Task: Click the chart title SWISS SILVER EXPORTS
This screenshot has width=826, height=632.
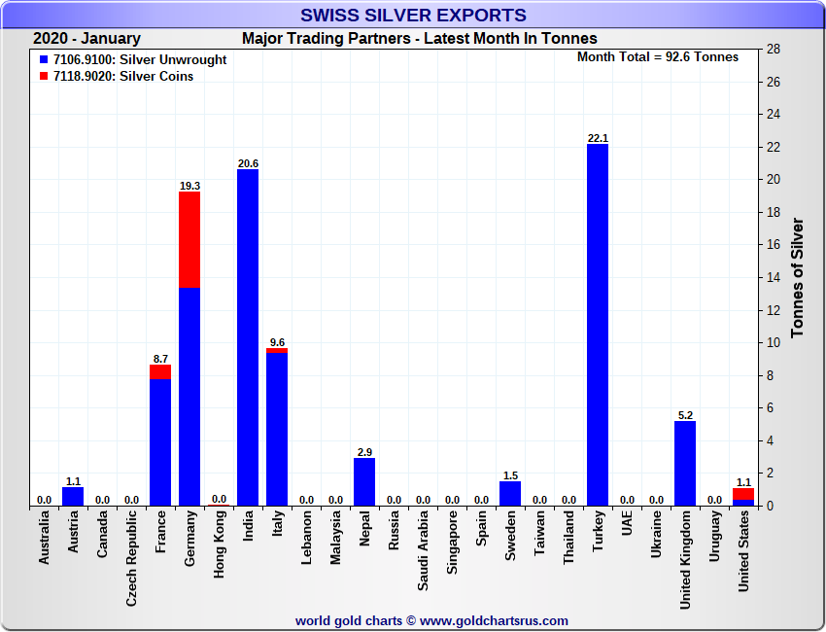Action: tap(413, 15)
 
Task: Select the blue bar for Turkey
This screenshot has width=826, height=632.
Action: tap(598, 326)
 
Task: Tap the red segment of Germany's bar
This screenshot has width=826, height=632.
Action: tap(189, 239)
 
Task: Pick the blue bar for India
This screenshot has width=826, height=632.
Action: tap(248, 337)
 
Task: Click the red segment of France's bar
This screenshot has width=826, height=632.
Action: tap(160, 371)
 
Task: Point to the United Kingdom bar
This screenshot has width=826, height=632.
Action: tap(685, 463)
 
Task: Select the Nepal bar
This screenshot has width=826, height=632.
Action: tap(364, 481)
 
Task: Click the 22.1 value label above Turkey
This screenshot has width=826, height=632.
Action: tap(598, 137)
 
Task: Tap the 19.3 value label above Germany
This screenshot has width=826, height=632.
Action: tap(189, 185)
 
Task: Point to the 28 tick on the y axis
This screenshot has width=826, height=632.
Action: tap(774, 50)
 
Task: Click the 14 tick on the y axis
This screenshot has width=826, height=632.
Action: tap(774, 277)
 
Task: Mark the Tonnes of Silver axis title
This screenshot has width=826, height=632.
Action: tap(798, 277)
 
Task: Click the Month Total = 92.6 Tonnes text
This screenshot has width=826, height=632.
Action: tap(658, 56)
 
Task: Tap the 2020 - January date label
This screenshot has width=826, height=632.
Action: tap(86, 39)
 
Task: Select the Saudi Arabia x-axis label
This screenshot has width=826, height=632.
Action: tap(423, 551)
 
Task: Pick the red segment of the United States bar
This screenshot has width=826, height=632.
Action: tap(743, 494)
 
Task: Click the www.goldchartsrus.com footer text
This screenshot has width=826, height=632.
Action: tap(494, 620)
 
